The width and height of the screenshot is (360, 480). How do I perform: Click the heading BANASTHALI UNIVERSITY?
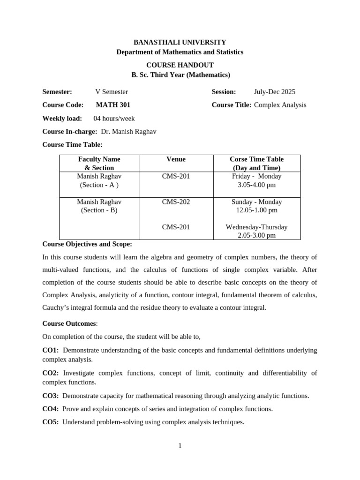tap(180, 42)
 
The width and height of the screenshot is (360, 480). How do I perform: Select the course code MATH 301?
tap(113, 105)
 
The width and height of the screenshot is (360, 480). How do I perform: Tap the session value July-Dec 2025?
tap(275, 92)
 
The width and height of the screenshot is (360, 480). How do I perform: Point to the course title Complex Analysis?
tap(280, 105)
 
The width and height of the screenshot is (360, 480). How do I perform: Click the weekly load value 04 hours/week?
tap(114, 119)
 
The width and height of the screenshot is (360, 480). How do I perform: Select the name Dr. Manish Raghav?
tap(128, 132)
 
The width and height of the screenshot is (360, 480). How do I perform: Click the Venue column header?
tap(176, 159)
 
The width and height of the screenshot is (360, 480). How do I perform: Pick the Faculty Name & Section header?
tap(99, 164)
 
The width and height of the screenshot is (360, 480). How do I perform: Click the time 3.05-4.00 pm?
tap(256, 185)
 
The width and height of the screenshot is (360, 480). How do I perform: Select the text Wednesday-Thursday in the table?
tap(256, 227)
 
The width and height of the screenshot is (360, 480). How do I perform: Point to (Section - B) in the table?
tap(99, 210)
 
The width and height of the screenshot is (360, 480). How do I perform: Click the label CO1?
tap(51, 350)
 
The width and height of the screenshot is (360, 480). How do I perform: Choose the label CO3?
tap(51, 396)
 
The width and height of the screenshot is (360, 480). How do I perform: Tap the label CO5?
tap(51, 422)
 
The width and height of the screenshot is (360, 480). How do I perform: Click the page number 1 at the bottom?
tap(180, 446)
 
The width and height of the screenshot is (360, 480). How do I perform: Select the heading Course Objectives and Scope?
tap(87, 244)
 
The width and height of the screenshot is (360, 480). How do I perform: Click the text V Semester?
tap(112, 92)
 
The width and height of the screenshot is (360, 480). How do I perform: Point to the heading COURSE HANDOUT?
tap(180, 65)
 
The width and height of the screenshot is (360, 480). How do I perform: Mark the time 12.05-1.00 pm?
tap(256, 210)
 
